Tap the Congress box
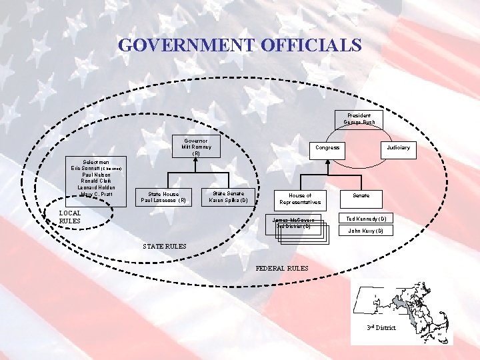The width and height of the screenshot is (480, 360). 327,147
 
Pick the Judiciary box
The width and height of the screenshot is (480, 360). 398,147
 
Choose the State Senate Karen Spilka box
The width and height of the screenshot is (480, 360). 228,197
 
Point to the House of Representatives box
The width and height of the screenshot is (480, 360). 300,199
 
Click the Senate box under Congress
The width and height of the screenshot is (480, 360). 361,195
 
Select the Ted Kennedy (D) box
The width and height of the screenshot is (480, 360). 367,219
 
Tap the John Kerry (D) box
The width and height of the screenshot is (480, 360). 367,231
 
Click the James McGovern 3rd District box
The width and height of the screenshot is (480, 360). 293,223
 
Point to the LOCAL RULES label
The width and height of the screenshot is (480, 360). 70,217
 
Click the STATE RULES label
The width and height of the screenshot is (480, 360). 165,247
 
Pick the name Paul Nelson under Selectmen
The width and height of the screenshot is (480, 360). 97,175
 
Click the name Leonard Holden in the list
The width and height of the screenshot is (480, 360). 97,187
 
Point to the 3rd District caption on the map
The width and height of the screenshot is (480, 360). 381,328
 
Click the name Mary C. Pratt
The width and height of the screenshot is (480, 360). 97,194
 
